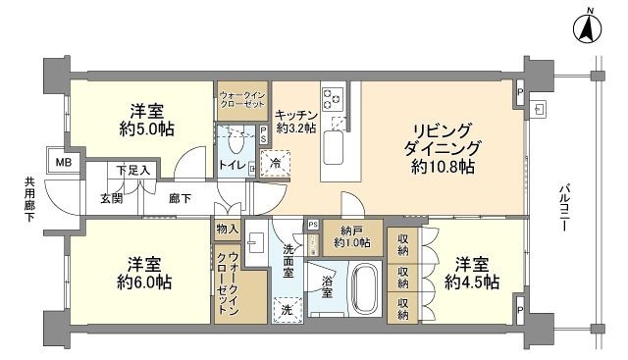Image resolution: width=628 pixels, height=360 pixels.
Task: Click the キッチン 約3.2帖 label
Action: [295, 121]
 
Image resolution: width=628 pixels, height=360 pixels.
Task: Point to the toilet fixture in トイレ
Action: [235, 140]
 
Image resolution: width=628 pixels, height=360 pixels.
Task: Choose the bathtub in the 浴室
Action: [364, 288]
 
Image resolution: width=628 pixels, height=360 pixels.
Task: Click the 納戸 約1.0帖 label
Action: [352, 236]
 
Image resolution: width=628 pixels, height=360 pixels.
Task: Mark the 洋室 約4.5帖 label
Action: [471, 273]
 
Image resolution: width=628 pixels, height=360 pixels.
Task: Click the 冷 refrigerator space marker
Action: [277, 163]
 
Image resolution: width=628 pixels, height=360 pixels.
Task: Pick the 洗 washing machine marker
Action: [288, 310]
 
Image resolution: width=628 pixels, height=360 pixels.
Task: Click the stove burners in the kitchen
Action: [332, 97]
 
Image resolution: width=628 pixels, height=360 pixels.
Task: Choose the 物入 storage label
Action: [226, 230]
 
